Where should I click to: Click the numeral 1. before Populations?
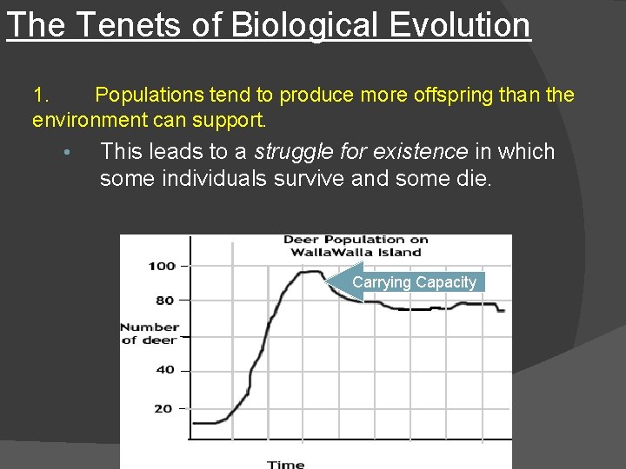tap(43, 95)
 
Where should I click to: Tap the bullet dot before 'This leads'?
tap(65, 154)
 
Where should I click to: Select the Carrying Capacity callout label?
tap(414, 282)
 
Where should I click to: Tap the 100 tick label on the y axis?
tap(162, 266)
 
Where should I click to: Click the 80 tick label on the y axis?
tap(164, 301)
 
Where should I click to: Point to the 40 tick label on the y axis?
tap(164, 370)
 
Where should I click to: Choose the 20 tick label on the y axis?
tap(163, 408)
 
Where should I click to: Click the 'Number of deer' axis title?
tap(150, 334)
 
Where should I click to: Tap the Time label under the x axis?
tap(285, 464)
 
